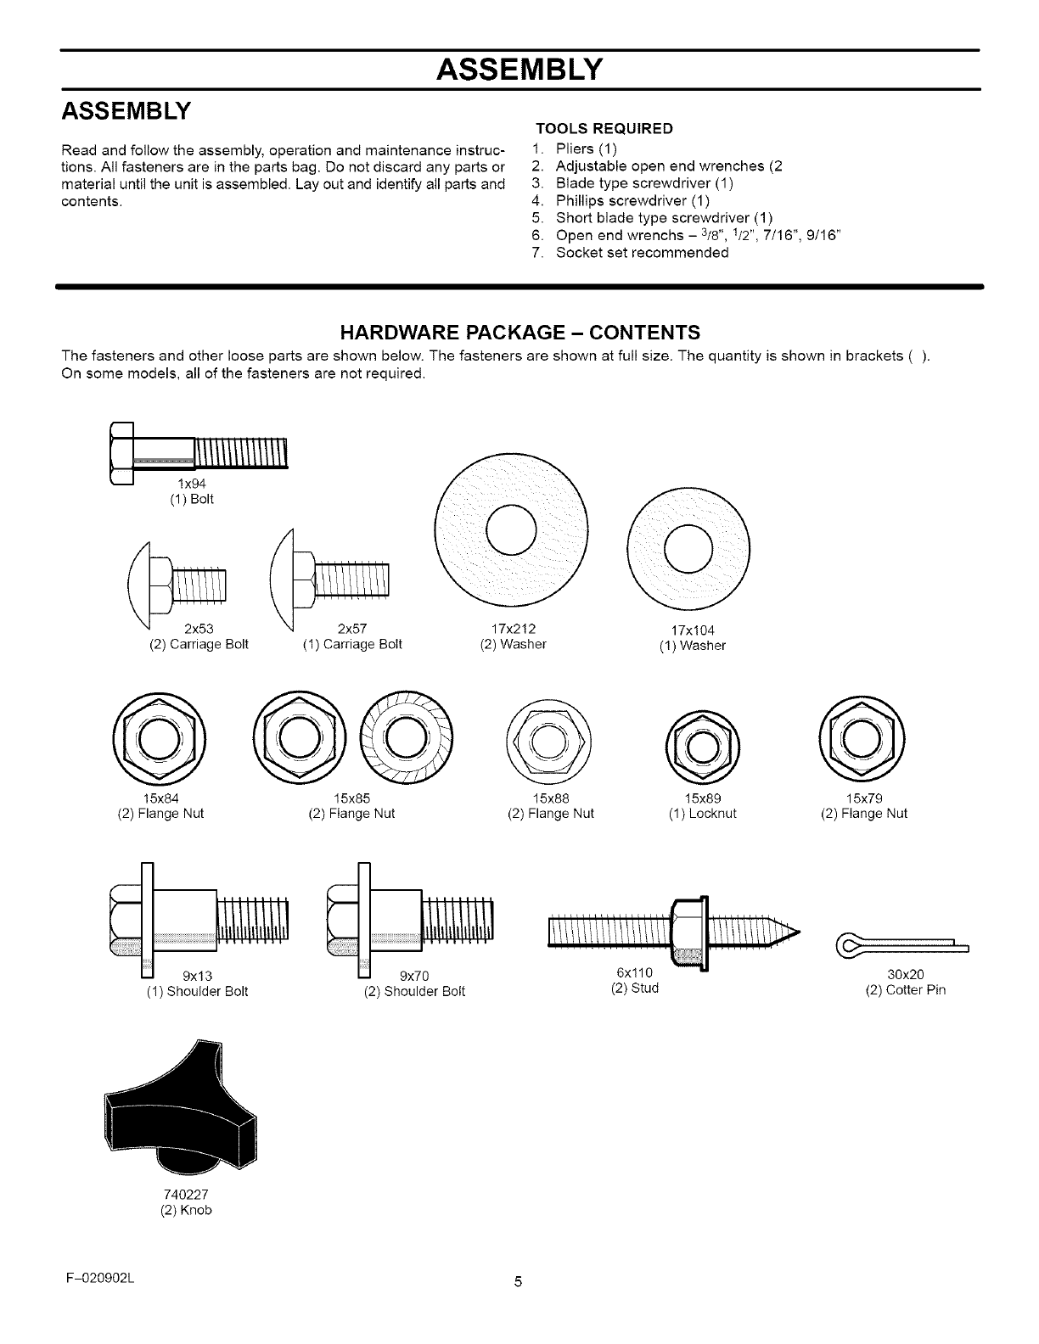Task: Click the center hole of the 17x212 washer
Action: (511, 529)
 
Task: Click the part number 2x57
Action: (351, 629)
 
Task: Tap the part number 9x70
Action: (413, 975)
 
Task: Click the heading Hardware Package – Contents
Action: (519, 331)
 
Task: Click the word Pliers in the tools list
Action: (575, 149)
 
